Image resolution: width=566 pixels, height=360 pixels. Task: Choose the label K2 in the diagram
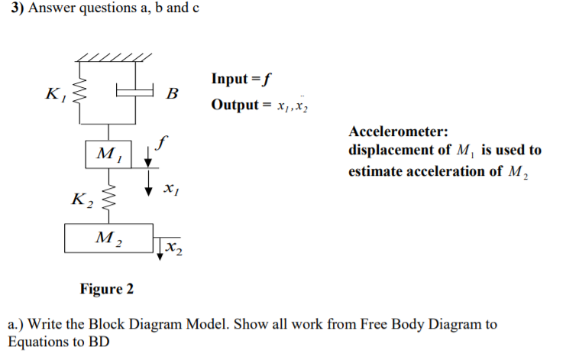click(81, 200)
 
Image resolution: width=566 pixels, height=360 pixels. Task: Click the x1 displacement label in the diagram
click(171, 187)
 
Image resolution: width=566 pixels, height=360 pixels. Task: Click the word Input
click(229, 79)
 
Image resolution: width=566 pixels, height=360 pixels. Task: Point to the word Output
click(234, 105)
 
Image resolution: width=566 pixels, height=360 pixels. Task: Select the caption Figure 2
click(106, 289)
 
